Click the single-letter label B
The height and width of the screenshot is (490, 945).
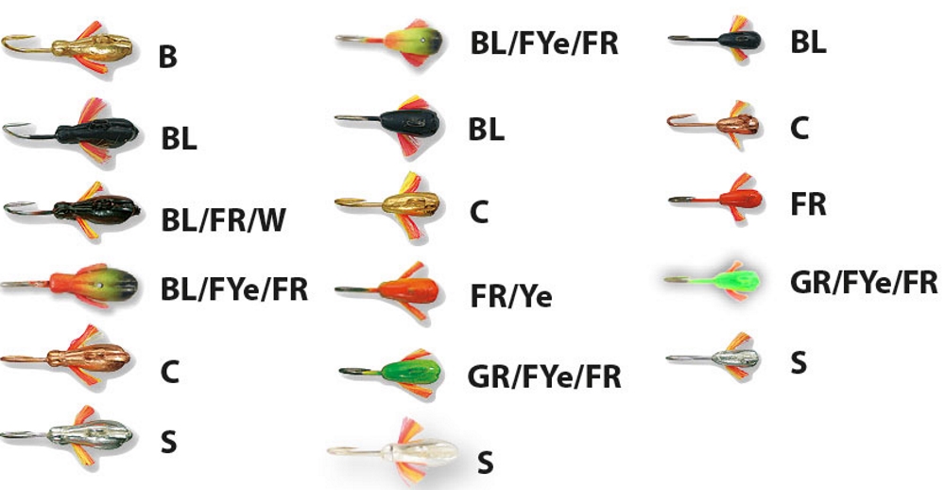pos(167,58)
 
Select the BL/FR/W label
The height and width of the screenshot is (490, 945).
pos(223,219)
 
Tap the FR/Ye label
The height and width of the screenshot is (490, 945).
pos(510,297)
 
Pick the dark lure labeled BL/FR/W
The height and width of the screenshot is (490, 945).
pos(94,207)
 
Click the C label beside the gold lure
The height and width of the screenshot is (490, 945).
pos(479,213)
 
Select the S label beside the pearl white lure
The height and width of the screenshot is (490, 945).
pos(485,463)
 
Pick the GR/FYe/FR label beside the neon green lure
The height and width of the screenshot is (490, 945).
pos(864,282)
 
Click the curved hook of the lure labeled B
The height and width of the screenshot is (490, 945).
pos(16,43)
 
